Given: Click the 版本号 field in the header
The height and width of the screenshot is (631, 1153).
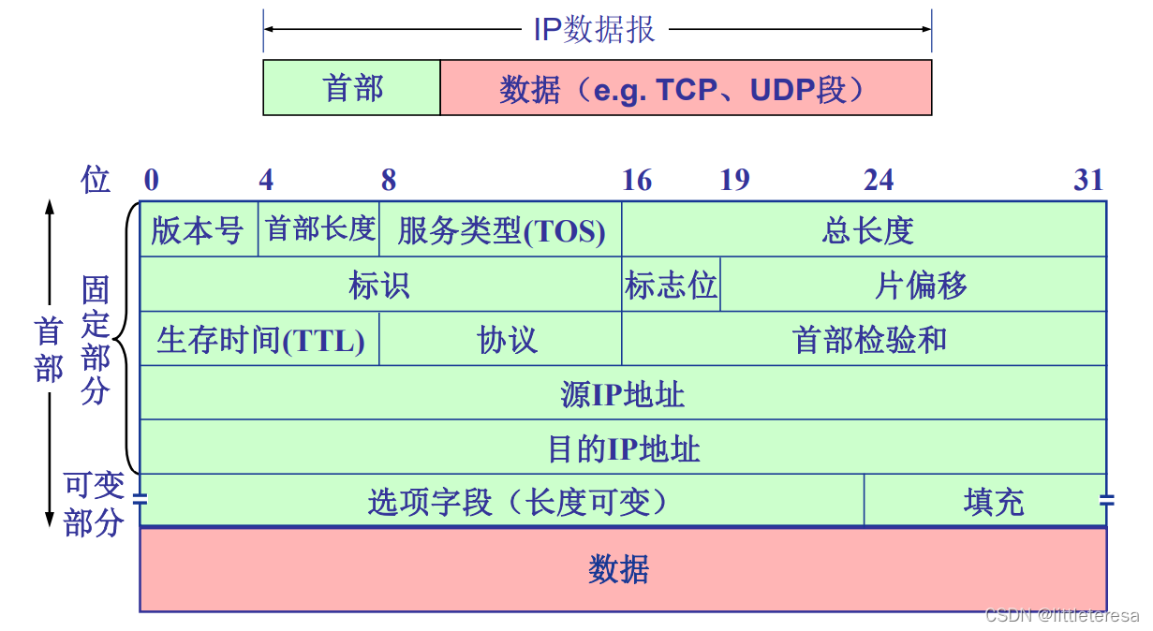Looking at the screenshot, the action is [199, 229].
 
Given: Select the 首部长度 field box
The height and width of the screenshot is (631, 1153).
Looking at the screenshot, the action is [318, 229].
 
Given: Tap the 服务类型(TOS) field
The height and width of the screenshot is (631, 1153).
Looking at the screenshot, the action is [500, 229].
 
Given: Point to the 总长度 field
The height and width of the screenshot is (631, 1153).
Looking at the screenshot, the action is [864, 229].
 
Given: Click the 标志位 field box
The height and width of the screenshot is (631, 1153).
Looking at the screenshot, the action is [671, 284].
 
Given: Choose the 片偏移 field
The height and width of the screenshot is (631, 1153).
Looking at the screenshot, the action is [913, 284].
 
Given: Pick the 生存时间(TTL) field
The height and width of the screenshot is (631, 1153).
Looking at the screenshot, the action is [259, 339].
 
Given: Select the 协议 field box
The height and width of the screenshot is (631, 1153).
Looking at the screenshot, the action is [500, 339].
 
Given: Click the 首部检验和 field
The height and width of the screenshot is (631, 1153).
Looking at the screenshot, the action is [864, 339].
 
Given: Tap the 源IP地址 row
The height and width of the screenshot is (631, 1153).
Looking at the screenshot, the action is [623, 392].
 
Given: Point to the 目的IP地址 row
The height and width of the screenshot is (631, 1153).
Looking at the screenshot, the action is [623, 447].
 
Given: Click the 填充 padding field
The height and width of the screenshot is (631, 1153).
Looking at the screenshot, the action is [984, 500].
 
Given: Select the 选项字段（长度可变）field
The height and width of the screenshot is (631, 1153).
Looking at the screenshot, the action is [502, 500].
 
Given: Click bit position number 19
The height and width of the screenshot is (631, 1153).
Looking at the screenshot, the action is [734, 180].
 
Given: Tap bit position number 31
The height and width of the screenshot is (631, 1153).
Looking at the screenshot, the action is [1088, 180].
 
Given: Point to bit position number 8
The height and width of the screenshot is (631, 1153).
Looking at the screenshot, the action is [389, 180].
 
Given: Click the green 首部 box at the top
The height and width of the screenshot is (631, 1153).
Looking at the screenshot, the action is [352, 87].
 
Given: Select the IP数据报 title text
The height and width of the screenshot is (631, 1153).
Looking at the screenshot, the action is [594, 29].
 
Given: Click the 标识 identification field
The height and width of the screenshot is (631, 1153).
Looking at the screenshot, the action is [381, 284].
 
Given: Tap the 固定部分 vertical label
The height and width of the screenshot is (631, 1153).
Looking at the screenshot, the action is [96, 340].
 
